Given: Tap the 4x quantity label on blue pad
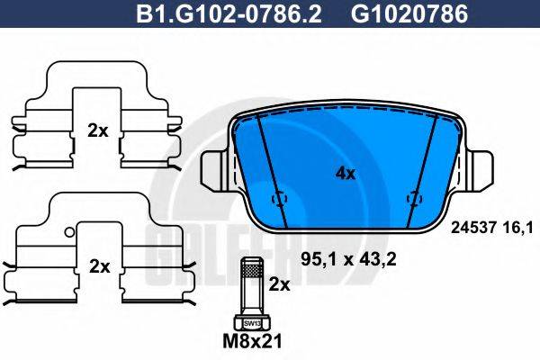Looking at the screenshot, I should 345,174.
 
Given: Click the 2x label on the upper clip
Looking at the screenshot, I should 97,130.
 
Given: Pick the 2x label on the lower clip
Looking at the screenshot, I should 99,266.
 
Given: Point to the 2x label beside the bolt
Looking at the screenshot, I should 281,284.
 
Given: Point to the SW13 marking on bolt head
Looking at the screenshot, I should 250,321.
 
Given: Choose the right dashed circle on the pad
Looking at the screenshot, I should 415,198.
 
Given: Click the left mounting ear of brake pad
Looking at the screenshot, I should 215,170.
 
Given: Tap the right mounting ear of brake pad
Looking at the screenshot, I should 478,170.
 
